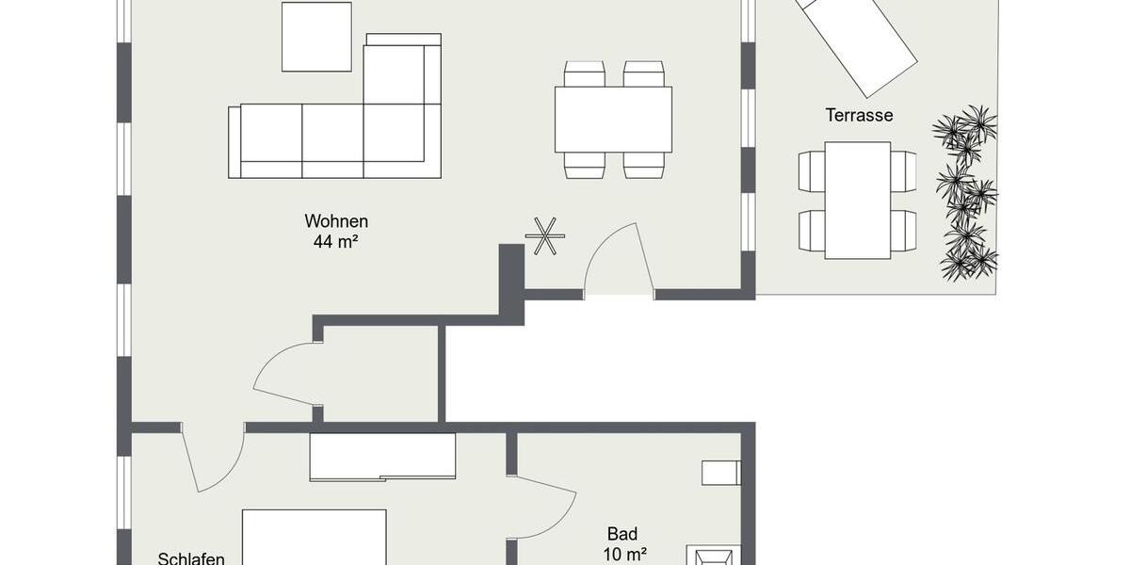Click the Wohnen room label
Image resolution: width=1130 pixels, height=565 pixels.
(335, 221)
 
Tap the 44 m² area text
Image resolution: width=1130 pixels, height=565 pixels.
(335, 241)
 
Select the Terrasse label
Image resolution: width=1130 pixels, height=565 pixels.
(859, 116)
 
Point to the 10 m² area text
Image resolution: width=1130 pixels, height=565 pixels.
(624, 555)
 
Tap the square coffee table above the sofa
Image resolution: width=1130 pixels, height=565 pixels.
(316, 37)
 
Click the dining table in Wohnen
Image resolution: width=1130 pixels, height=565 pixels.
(613, 120)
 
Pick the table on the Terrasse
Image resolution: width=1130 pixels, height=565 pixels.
(857, 200)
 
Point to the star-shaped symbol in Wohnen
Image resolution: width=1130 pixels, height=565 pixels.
(545, 235)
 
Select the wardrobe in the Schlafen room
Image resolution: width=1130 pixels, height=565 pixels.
(382, 456)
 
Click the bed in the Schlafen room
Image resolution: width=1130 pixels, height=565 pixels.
(314, 538)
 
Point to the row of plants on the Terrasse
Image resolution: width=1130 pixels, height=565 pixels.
(965, 193)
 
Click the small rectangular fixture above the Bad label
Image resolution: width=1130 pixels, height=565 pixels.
(720, 473)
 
